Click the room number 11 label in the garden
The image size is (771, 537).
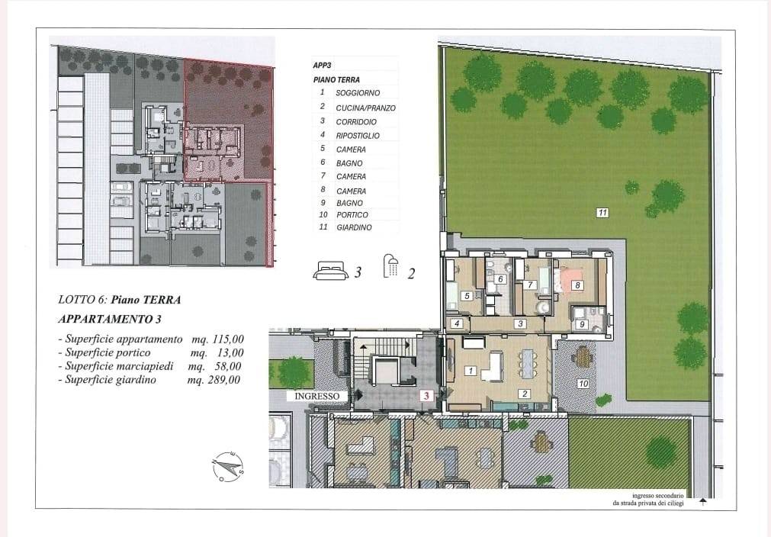click(x=602, y=213)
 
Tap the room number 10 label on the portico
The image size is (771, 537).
click(x=583, y=384)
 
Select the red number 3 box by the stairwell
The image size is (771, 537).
click(x=427, y=395)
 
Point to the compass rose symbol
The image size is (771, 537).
click(x=228, y=466)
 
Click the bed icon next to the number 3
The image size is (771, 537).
click(x=330, y=269)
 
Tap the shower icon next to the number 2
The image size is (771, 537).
click(x=391, y=268)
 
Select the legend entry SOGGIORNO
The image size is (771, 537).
click(x=357, y=92)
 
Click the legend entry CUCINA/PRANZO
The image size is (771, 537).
click(x=365, y=108)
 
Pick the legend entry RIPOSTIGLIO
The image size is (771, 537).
click(x=357, y=135)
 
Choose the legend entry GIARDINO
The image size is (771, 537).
click(x=354, y=227)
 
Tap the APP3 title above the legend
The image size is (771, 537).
click(x=323, y=66)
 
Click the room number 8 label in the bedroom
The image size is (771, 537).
click(x=577, y=285)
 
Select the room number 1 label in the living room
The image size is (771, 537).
click(x=471, y=371)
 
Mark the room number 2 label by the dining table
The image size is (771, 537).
click(x=524, y=394)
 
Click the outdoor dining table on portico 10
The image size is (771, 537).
click(x=583, y=356)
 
